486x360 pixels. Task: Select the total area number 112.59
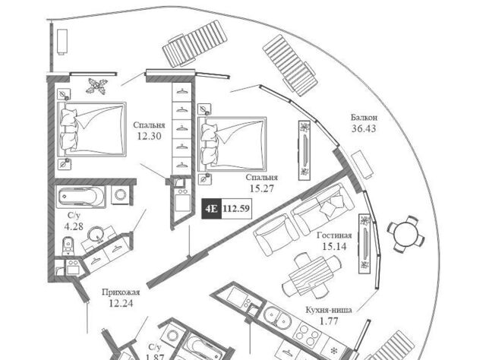pyautogui.click(x=238, y=208)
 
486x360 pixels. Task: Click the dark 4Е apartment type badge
pyautogui.click(x=211, y=208)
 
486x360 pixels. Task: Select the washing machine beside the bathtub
pyautogui.click(x=120, y=195)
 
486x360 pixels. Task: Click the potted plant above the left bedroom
pyautogui.click(x=96, y=85)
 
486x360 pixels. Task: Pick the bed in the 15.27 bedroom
pyautogui.click(x=232, y=144)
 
